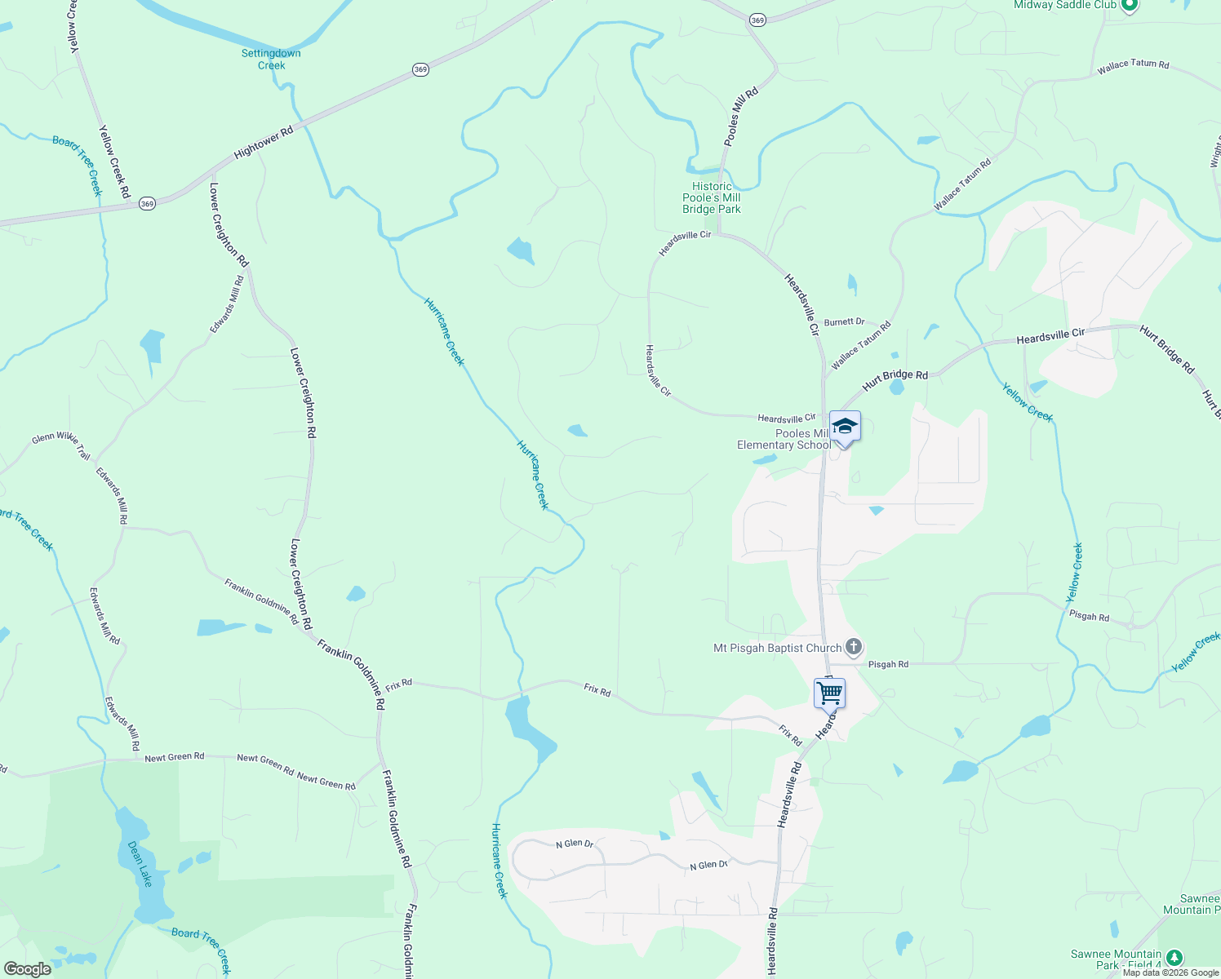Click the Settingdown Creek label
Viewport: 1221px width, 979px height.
coord(271,60)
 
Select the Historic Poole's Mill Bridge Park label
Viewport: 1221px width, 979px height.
coord(712,198)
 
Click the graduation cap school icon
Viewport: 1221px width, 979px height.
coord(845,427)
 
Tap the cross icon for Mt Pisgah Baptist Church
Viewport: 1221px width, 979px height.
coord(854,648)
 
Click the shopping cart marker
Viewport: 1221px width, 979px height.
coord(829,693)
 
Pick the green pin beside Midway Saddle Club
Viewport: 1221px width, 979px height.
coord(1130,6)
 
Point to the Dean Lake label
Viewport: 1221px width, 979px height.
coord(140,864)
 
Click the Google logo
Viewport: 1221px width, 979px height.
coord(28,969)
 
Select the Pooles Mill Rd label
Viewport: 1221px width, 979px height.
coord(741,117)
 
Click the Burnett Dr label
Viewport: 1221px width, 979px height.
coord(844,322)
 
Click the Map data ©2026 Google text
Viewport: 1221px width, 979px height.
coord(1170,972)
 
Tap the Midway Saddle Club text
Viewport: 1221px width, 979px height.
coord(1064,5)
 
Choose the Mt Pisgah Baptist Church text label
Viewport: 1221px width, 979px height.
coord(777,649)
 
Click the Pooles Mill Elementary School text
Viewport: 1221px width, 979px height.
coord(784,440)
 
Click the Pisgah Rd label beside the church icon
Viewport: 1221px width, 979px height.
coord(888,665)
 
